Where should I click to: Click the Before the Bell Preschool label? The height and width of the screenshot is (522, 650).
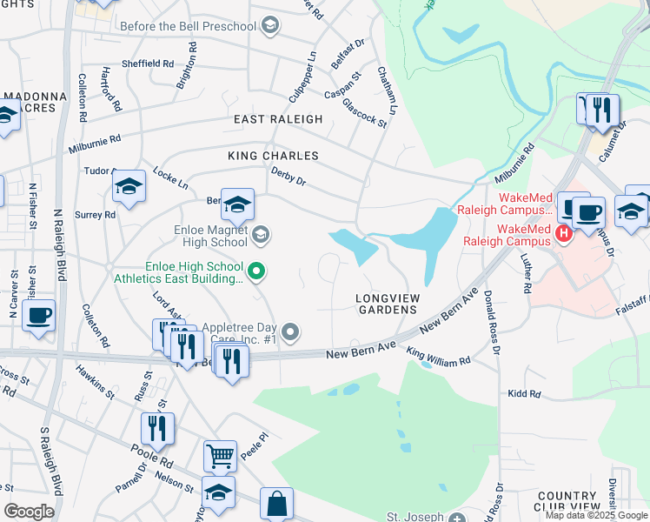pyautogui.click(x=189, y=26)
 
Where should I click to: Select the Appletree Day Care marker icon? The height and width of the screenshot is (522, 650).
pyautogui.click(x=292, y=331)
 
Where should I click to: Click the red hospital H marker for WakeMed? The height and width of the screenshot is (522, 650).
pyautogui.click(x=564, y=233)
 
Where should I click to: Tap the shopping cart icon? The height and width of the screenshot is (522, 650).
pyautogui.click(x=220, y=454)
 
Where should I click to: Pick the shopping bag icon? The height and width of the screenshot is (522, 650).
pyautogui.click(x=276, y=503)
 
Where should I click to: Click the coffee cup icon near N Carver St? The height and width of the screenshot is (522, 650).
pyautogui.click(x=39, y=314)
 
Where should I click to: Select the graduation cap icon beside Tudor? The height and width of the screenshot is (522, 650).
pyautogui.click(x=129, y=185)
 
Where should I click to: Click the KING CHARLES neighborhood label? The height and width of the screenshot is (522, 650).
pyautogui.click(x=273, y=156)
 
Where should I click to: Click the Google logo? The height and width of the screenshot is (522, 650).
pyautogui.click(x=29, y=512)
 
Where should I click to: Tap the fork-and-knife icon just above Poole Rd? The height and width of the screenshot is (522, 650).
pyautogui.click(x=157, y=427)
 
